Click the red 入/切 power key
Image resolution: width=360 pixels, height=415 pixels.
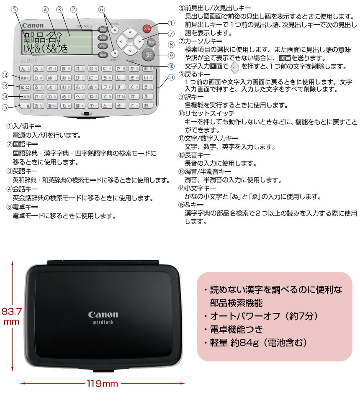tap(146, 29)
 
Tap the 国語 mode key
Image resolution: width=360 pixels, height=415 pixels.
tap(102, 30)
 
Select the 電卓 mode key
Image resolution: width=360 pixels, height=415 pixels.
tap(102, 55)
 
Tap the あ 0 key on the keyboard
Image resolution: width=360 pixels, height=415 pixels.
tap(147, 68)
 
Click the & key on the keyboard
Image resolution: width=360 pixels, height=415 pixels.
tap(25, 106)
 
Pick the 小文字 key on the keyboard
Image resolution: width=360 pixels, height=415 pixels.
tap(25, 97)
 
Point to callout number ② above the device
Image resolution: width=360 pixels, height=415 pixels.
tap(74, 9)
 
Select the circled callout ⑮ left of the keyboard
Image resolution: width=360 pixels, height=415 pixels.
tap(5, 107)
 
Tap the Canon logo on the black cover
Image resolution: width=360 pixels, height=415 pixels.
tap(103, 315)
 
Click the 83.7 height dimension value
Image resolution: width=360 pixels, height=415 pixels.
tap(11, 312)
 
